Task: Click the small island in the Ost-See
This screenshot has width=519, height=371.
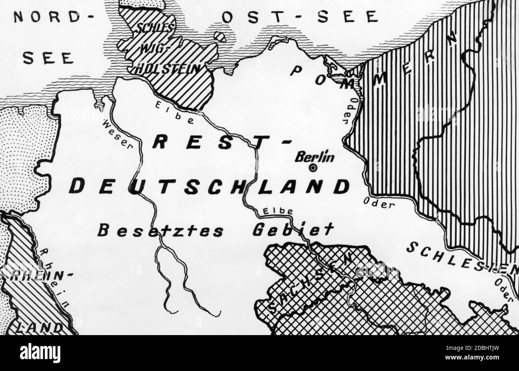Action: coord(219,36)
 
